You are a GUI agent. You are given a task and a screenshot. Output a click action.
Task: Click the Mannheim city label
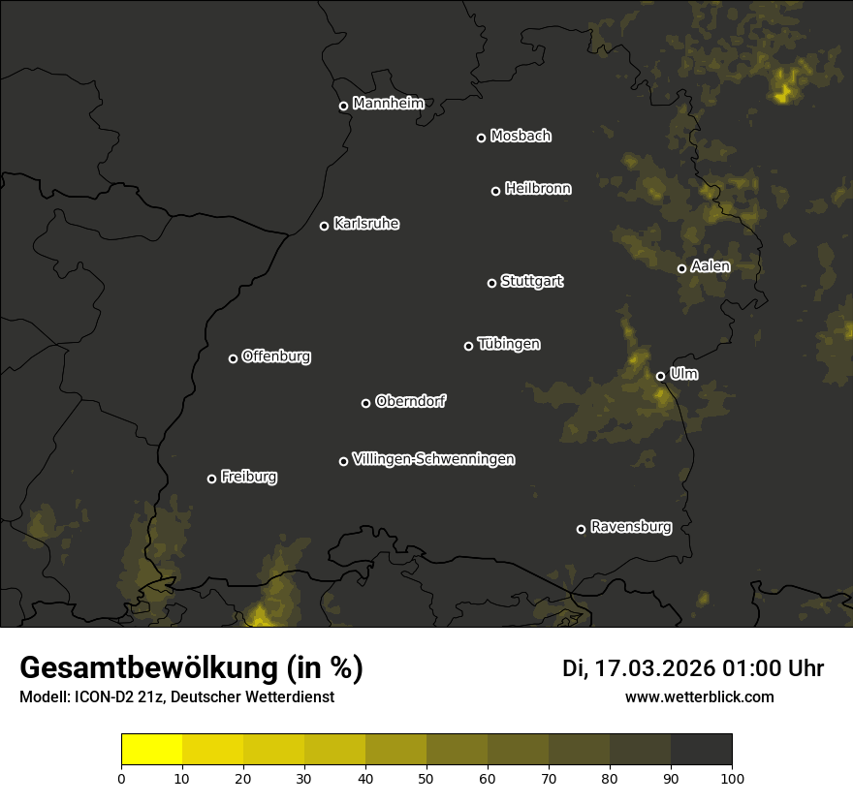pyautogui.click(x=388, y=104)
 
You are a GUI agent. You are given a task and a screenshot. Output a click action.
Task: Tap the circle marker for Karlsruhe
pyautogui.click(x=325, y=227)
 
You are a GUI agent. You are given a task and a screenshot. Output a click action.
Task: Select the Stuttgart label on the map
pyautogui.click(x=531, y=282)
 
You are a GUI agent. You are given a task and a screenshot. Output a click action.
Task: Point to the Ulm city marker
pyautogui.click(x=661, y=376)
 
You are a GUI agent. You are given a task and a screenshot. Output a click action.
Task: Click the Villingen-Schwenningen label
pyautogui.click(x=433, y=459)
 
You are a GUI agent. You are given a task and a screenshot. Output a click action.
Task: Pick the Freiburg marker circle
pyautogui.click(x=212, y=479)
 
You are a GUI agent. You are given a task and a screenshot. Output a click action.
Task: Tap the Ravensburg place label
pyautogui.click(x=630, y=527)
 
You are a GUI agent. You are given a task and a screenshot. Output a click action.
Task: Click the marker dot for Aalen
pyautogui.click(x=681, y=268)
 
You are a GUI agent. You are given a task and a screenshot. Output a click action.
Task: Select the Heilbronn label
pyautogui.click(x=538, y=189)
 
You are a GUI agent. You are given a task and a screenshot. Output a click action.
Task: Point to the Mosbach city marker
pyautogui.click(x=481, y=139)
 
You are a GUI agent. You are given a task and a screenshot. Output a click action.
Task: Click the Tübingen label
pyautogui.click(x=509, y=344)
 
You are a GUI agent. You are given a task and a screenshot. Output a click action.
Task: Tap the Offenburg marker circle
pyautogui.click(x=233, y=358)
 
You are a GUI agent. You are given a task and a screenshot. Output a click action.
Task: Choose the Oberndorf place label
pyautogui.click(x=410, y=401)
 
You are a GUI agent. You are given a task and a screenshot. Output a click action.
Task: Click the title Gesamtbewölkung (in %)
pyautogui.click(x=191, y=668)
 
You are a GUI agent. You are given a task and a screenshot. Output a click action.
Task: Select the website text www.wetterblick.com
pyautogui.click(x=699, y=696)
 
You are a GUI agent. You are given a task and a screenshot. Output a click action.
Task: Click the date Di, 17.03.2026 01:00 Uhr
pyautogui.click(x=693, y=668)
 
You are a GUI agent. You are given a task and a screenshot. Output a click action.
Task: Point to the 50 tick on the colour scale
pyautogui.click(x=426, y=778)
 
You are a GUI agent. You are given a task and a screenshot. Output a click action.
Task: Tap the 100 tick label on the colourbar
pyautogui.click(x=732, y=778)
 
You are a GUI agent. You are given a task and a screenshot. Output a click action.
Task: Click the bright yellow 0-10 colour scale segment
pyautogui.click(x=152, y=750)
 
